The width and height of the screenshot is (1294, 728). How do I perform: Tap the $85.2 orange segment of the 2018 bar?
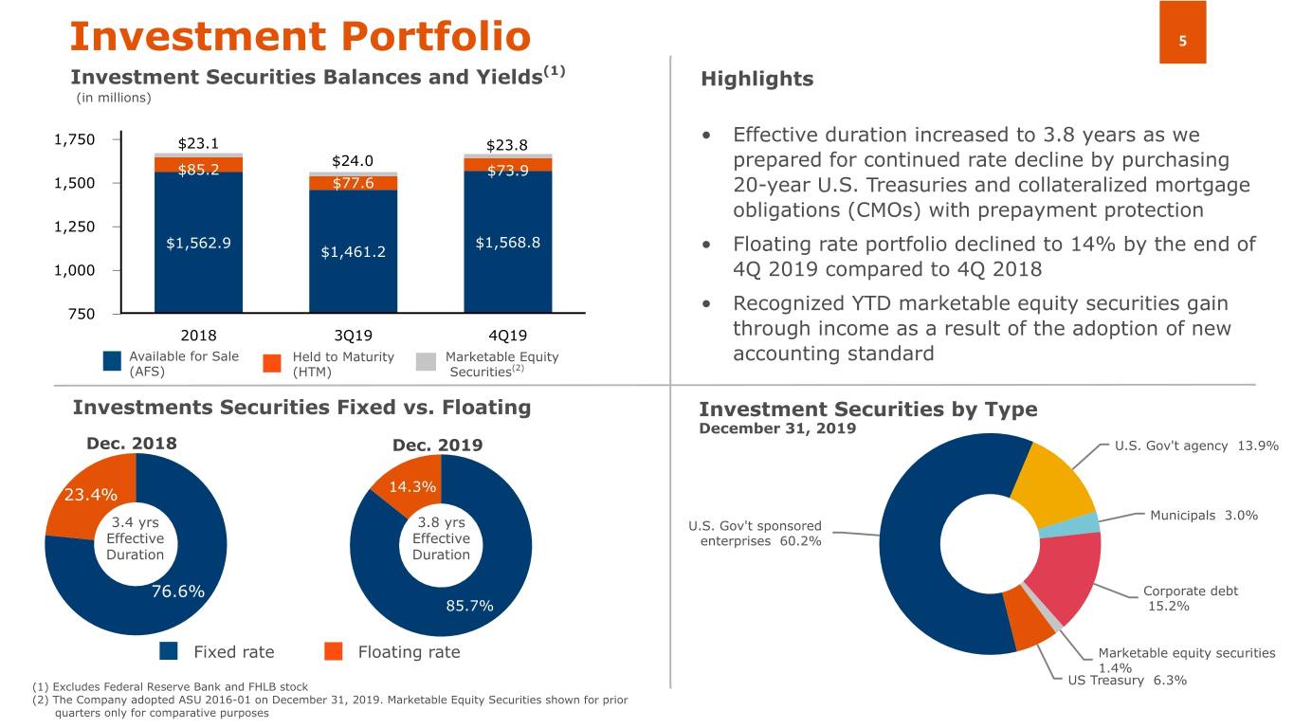[x=198, y=167]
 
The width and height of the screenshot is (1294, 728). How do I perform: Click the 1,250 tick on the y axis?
[x=75, y=227]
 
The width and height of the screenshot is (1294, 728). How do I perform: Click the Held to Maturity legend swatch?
[x=272, y=363]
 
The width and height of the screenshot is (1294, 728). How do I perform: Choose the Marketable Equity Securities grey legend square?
[x=426, y=363]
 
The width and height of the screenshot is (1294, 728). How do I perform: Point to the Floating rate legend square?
[x=333, y=651]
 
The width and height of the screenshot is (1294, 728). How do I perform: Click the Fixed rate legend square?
[x=169, y=651]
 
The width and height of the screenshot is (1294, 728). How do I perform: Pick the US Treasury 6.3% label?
[x=1127, y=681]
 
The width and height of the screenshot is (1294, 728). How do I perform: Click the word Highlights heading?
[x=756, y=80]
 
